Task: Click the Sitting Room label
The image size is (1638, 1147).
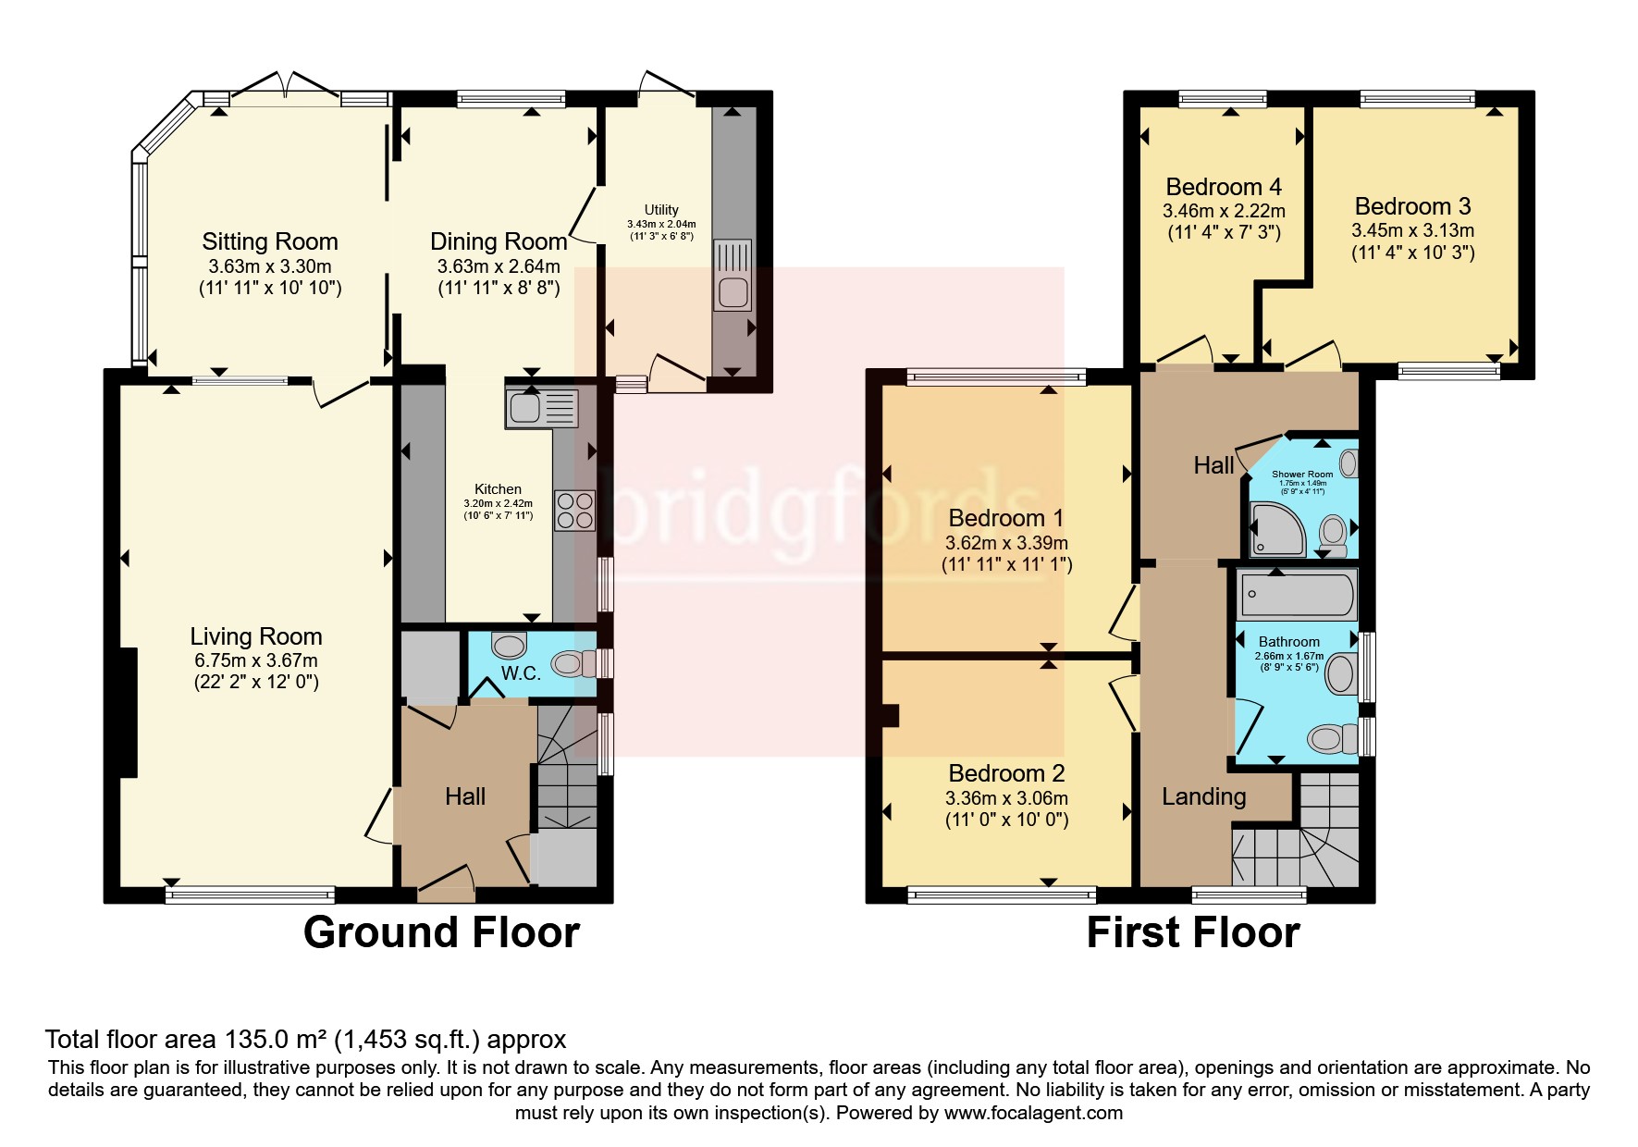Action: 270,241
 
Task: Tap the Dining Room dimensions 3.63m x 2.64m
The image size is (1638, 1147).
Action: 499,266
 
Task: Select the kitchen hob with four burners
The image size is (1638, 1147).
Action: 574,511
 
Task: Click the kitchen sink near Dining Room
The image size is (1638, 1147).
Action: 541,408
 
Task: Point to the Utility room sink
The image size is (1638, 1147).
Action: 732,275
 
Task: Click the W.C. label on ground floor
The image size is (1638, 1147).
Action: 521,673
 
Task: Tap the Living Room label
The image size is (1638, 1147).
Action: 256,636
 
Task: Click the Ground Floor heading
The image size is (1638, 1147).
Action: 441,932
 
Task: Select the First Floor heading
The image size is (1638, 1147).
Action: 1192,932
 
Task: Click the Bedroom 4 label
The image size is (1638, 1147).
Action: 1224,187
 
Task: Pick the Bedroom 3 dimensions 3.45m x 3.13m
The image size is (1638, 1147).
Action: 1412,230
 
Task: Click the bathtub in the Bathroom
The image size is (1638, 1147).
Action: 1298,594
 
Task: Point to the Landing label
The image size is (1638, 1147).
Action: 1203,796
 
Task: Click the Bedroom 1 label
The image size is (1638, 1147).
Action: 1006,518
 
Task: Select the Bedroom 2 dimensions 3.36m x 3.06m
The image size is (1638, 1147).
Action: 1006,798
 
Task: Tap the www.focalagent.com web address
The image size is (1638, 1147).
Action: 1033,1113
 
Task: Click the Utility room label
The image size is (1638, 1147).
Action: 661,210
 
